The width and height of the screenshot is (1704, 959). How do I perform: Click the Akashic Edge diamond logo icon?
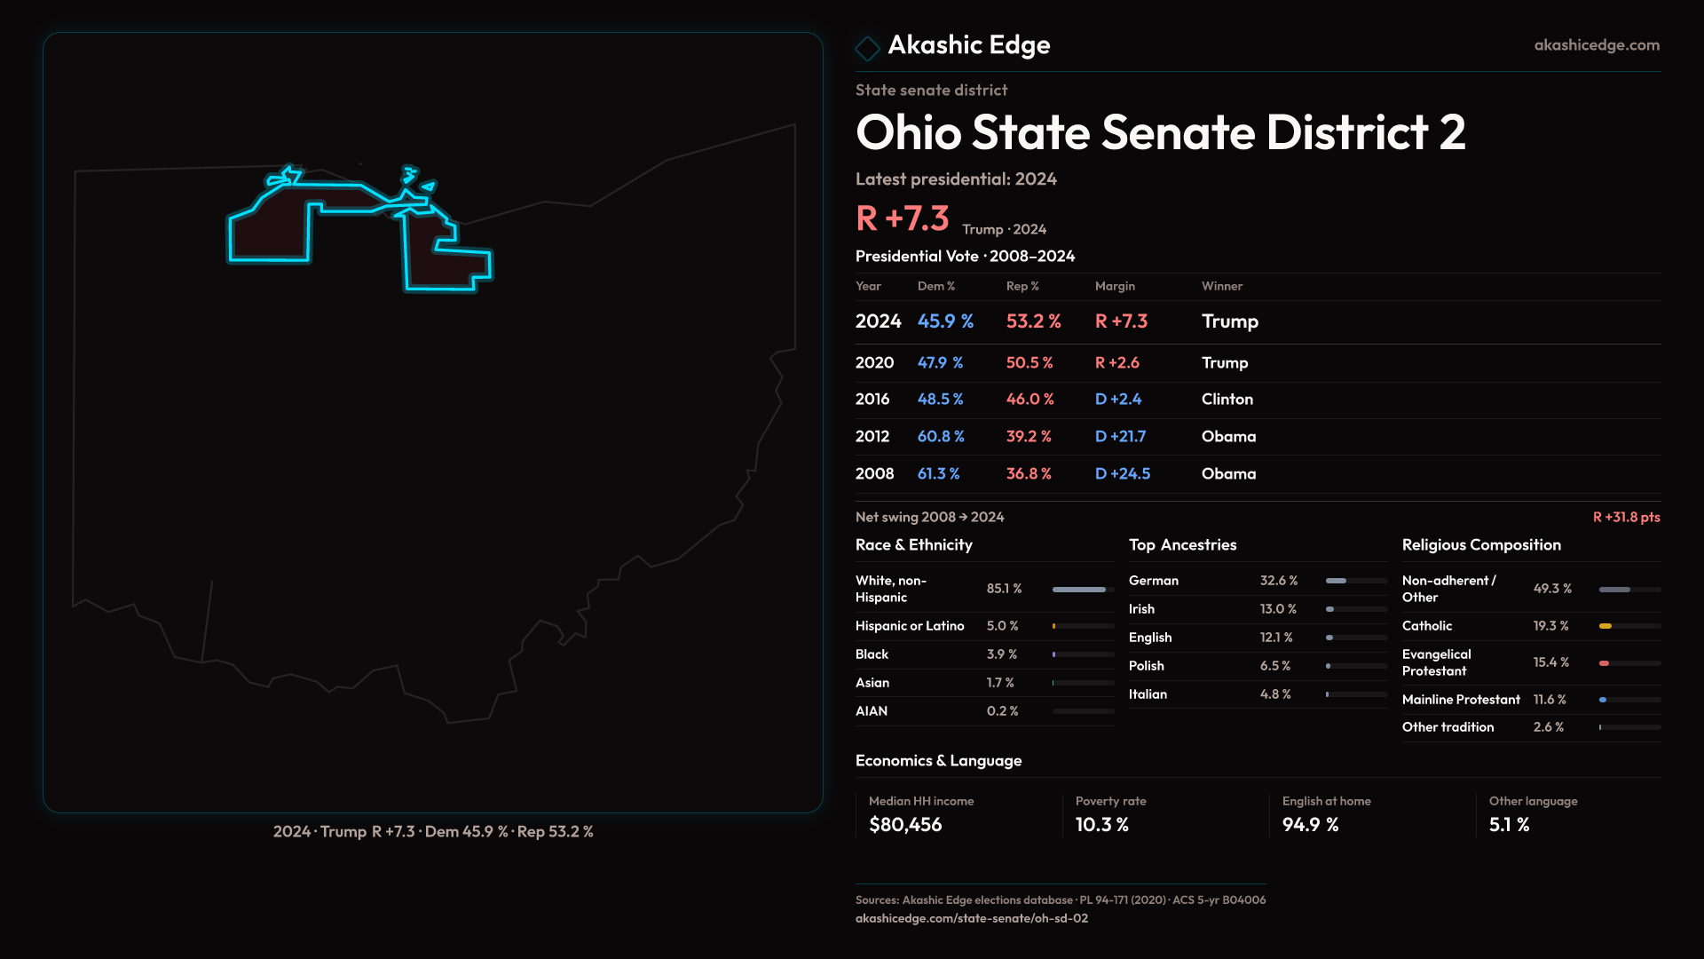pos(867,48)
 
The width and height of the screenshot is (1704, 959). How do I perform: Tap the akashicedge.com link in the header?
pos(1597,45)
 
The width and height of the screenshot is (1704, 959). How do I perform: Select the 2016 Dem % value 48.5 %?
pos(940,400)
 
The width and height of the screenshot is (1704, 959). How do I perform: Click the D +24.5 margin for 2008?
pos(1122,474)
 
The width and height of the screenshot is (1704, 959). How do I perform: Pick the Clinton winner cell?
pos(1227,400)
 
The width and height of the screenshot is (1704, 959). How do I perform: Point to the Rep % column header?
pos(1022,286)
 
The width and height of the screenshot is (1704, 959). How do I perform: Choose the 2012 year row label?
pos(872,437)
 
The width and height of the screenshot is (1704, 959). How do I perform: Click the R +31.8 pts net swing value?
pos(1626,517)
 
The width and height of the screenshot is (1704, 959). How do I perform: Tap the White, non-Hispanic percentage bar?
pos(1079,590)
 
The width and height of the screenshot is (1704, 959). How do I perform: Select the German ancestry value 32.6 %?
pos(1278,581)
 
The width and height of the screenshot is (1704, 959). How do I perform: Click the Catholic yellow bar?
pos(1605,626)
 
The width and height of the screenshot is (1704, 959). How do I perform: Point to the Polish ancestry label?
pos(1146,666)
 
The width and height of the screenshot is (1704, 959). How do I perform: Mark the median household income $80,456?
pos(904,825)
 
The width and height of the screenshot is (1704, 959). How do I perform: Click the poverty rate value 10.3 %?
pos(1101,825)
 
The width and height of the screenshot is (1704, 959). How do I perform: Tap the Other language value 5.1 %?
pos(1509,825)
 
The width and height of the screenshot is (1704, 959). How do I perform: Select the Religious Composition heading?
pos(1480,545)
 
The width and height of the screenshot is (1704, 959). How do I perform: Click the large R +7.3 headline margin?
pos(902,218)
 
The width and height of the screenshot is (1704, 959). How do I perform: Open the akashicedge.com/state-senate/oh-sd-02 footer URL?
pos(971,919)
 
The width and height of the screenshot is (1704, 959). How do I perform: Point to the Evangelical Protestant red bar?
pos(1605,663)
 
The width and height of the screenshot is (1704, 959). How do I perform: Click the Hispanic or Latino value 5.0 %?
pos(1002,626)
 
